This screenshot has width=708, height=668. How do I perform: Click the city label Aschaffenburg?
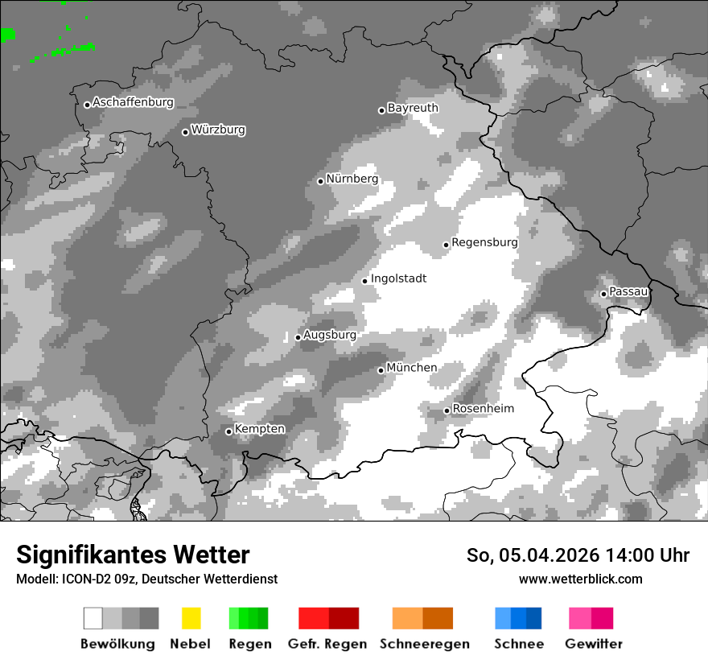click(x=133, y=102)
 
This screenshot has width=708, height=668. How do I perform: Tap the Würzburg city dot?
click(x=185, y=132)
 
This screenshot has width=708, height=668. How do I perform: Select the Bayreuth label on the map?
click(x=413, y=108)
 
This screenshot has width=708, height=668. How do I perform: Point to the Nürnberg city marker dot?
click(x=320, y=181)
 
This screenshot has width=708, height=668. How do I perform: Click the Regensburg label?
click(x=484, y=242)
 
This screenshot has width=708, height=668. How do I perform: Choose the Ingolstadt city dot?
click(x=364, y=281)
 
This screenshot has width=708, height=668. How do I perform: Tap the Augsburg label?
click(x=329, y=335)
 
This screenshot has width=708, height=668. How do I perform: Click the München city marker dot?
click(x=381, y=370)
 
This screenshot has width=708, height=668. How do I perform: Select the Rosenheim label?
click(x=483, y=409)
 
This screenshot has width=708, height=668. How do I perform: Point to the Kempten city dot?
click(x=228, y=431)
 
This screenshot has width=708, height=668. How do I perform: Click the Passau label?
click(x=628, y=291)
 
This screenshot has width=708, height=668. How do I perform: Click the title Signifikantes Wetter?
click(x=133, y=555)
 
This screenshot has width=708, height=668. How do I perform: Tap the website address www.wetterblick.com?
click(x=580, y=579)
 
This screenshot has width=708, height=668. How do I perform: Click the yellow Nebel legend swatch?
click(x=191, y=618)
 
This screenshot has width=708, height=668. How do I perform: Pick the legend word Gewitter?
click(x=593, y=644)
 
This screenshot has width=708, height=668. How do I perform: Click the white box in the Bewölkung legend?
click(x=93, y=618)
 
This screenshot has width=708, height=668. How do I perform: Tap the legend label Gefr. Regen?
click(x=327, y=644)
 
